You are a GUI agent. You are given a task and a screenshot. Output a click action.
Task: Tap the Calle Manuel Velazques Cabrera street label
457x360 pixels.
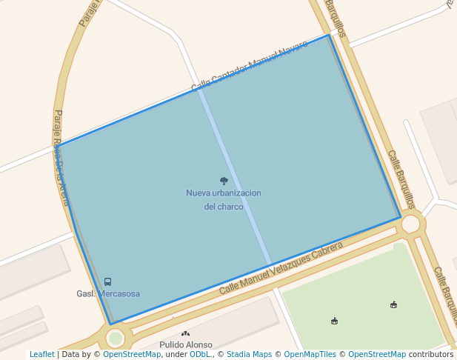pos(281,266)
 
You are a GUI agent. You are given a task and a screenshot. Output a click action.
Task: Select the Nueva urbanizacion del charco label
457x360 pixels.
pos(224,199)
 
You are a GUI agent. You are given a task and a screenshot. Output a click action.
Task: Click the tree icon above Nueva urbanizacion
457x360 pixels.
pos(224,181)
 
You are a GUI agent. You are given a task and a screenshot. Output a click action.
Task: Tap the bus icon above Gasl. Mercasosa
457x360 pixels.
pos(108,281)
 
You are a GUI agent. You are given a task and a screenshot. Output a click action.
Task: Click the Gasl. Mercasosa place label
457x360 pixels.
pos(108,294)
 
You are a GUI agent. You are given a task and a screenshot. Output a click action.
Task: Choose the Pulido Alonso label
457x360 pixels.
pos(186,344)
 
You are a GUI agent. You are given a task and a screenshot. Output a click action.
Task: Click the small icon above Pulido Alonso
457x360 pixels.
pos(185,334)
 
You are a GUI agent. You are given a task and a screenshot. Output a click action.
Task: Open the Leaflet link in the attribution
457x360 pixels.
pos(41,355)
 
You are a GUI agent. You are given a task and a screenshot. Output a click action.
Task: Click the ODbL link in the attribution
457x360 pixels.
pos(200,355)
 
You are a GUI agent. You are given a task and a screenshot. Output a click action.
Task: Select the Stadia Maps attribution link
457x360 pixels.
pos(248,355)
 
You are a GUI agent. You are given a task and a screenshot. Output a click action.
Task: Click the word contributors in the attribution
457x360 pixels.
pos(431,355)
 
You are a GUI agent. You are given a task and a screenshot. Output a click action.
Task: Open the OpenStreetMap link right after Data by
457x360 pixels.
pos(132,355)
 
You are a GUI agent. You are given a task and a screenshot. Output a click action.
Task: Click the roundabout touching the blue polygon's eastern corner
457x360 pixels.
pos(410,223)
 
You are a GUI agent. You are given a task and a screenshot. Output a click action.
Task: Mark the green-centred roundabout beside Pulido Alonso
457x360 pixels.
pos(115,339)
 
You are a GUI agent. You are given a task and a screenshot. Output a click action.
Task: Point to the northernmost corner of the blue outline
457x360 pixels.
pos(328,35)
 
